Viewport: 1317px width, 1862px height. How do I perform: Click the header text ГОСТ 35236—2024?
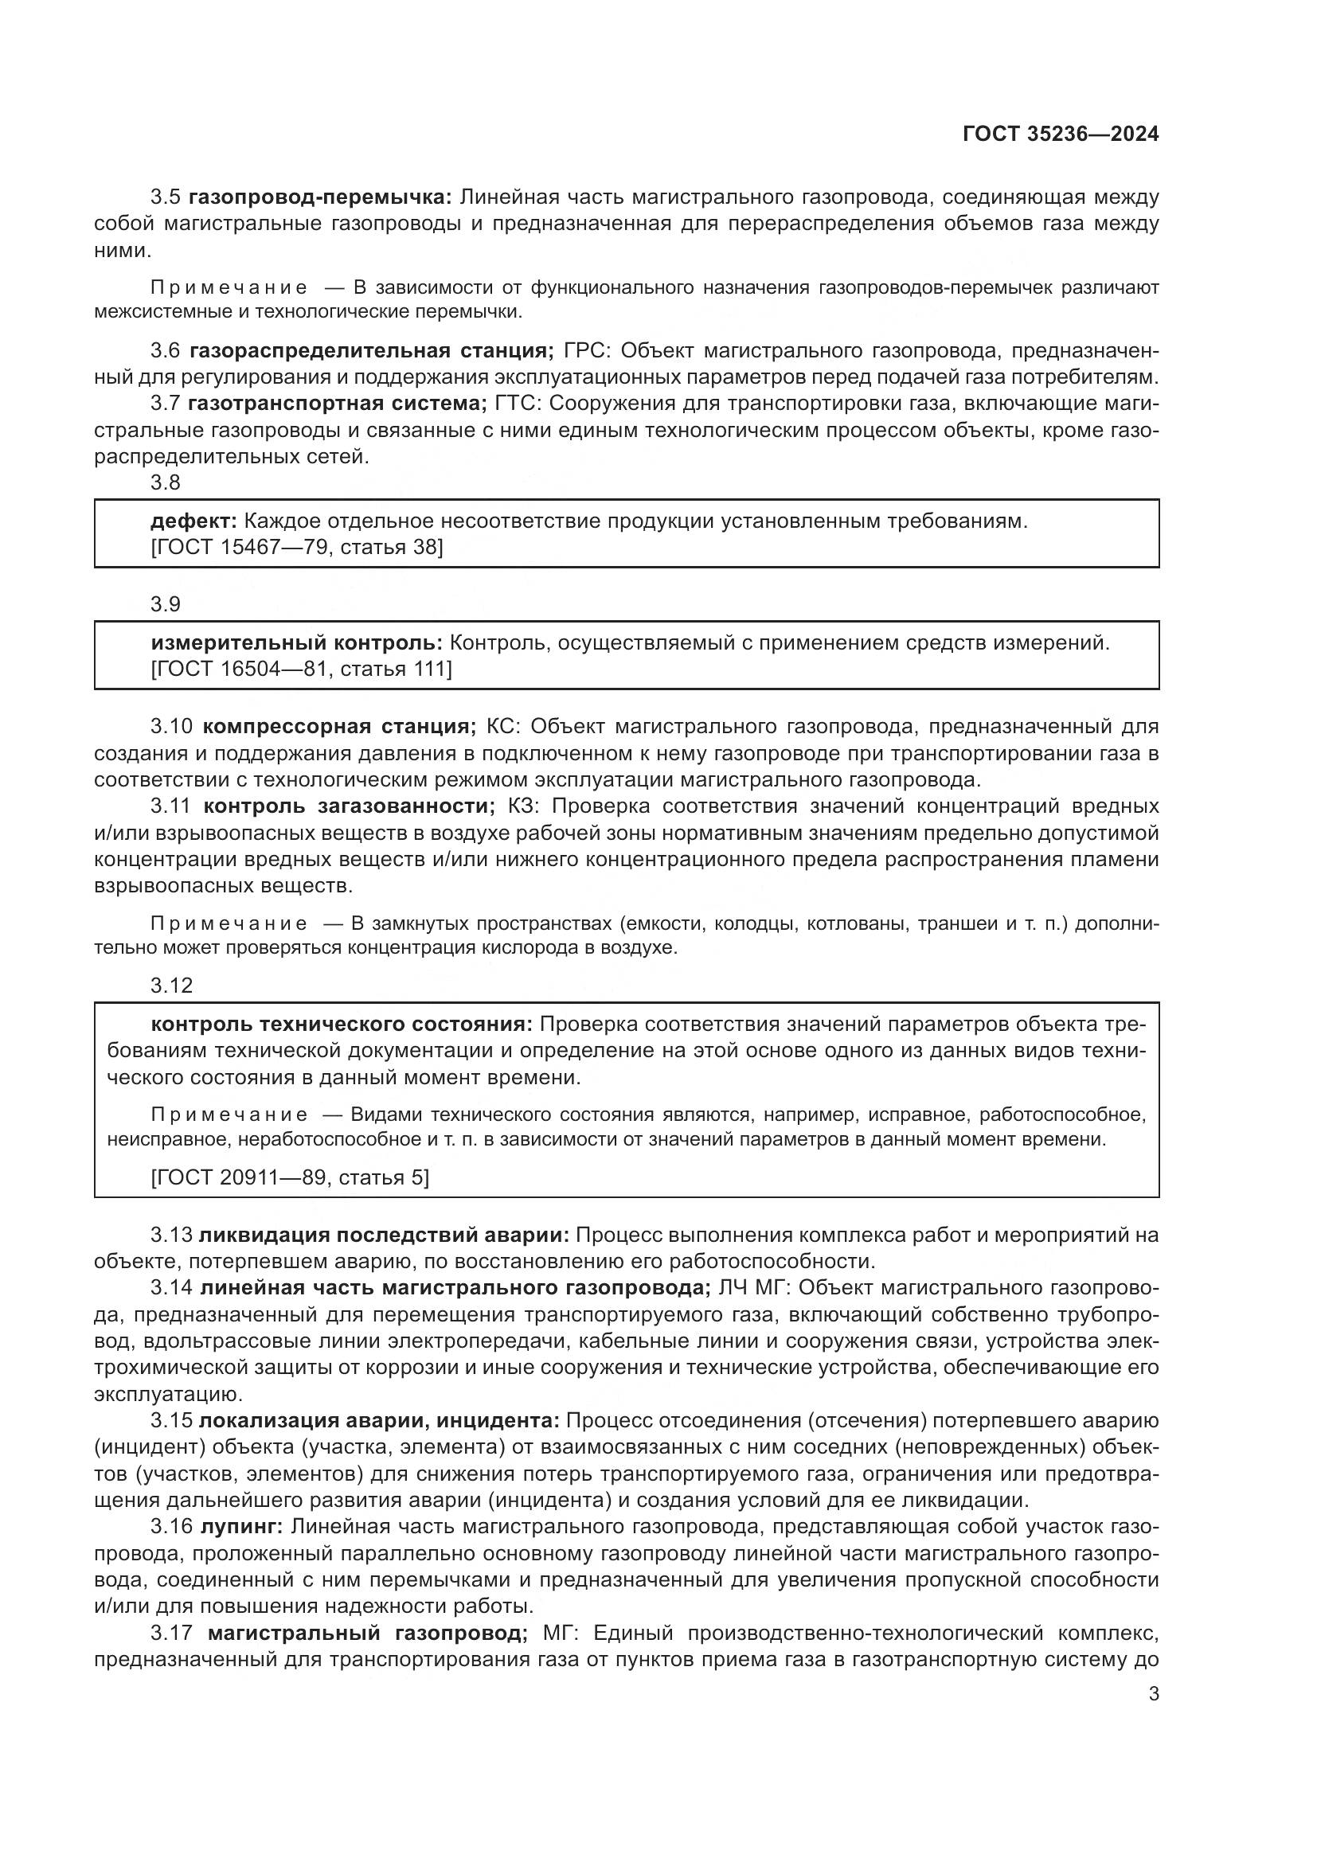(1060, 135)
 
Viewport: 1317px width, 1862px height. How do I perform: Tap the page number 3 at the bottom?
(1153, 1694)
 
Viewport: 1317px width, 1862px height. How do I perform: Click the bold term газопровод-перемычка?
(320, 197)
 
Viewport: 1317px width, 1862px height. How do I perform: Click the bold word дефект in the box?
(193, 521)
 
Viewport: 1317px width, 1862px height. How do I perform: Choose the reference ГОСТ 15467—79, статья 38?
(297, 548)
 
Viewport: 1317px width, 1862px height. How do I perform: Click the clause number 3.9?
(166, 604)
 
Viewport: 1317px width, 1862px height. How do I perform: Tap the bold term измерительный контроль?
(297, 643)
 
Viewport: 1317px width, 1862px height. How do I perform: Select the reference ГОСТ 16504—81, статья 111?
(302, 669)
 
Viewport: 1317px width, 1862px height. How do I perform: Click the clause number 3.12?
(171, 986)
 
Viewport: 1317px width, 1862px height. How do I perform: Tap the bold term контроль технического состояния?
(342, 1025)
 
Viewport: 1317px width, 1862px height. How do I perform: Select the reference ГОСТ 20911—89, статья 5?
(290, 1177)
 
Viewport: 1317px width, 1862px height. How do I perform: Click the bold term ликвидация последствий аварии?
(384, 1235)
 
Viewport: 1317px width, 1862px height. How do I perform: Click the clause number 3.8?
(166, 482)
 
